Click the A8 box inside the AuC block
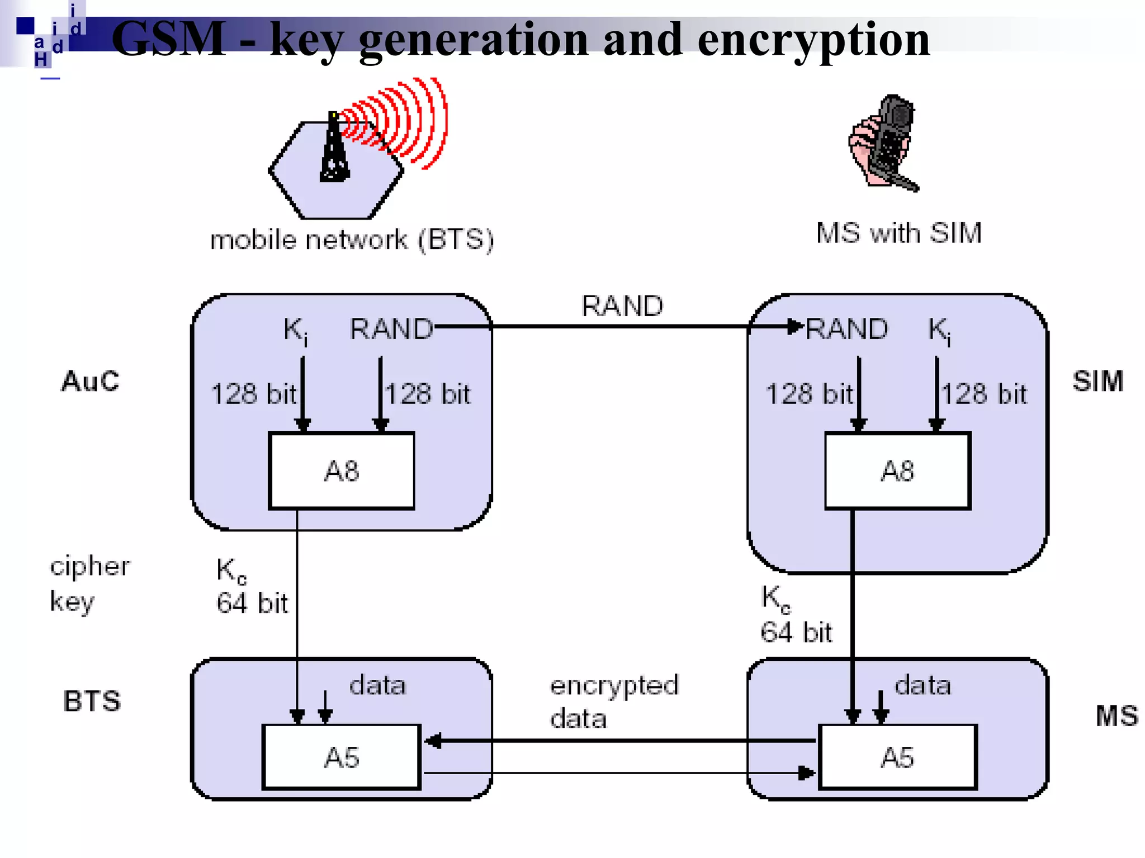click(x=341, y=471)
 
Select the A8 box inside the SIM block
click(x=897, y=471)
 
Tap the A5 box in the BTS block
click(x=341, y=757)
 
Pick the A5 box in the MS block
click(x=897, y=757)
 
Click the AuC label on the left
click(x=90, y=382)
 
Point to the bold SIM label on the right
click(x=1098, y=382)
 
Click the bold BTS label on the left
click(x=92, y=701)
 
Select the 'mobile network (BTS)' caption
click(x=352, y=240)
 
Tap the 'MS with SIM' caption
click(x=898, y=233)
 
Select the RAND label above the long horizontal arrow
click(x=622, y=306)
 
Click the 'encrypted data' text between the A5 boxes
click(x=613, y=702)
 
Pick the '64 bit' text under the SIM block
click(x=796, y=632)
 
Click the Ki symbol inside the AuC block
click(x=295, y=330)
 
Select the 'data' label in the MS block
click(x=922, y=685)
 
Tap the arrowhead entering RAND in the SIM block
click(x=794, y=326)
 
